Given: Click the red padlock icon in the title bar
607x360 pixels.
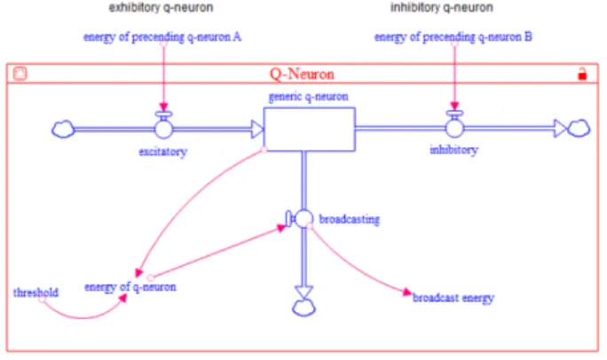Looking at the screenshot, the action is pyautogui.click(x=582, y=74).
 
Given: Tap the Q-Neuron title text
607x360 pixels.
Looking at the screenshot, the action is pyautogui.click(x=302, y=74).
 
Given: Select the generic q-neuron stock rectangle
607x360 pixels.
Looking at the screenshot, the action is pyautogui.click(x=310, y=129).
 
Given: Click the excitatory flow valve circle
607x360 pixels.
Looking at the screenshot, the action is pyautogui.click(x=164, y=129).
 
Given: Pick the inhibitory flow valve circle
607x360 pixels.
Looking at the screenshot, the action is pyautogui.click(x=454, y=129).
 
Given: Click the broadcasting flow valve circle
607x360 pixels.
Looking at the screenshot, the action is pyautogui.click(x=303, y=219).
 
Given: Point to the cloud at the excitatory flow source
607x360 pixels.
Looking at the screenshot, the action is pyautogui.click(x=63, y=129).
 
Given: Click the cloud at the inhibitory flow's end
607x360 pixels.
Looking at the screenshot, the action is pyautogui.click(x=579, y=129).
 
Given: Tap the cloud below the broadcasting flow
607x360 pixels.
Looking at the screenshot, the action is pyautogui.click(x=303, y=308).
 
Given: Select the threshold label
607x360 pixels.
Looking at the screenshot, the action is pyautogui.click(x=35, y=293).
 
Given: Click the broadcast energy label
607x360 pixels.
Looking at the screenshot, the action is pyautogui.click(x=453, y=298).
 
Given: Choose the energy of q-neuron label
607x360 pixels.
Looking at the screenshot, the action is pyautogui.click(x=130, y=287).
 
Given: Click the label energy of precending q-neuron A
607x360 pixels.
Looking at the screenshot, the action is pyautogui.click(x=162, y=37).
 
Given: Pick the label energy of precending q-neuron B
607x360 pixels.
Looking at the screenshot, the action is pyautogui.click(x=453, y=37).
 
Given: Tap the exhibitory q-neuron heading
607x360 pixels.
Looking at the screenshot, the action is pyautogui.click(x=161, y=8).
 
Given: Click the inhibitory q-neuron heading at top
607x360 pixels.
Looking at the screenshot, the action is pyautogui.click(x=442, y=8).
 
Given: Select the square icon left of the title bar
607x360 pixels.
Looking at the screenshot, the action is pyautogui.click(x=20, y=73).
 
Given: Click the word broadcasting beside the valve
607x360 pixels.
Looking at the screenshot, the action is pyautogui.click(x=349, y=219).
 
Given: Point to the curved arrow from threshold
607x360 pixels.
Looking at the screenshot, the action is pyautogui.click(x=83, y=317).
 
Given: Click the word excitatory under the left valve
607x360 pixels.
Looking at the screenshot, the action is pyautogui.click(x=163, y=152).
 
